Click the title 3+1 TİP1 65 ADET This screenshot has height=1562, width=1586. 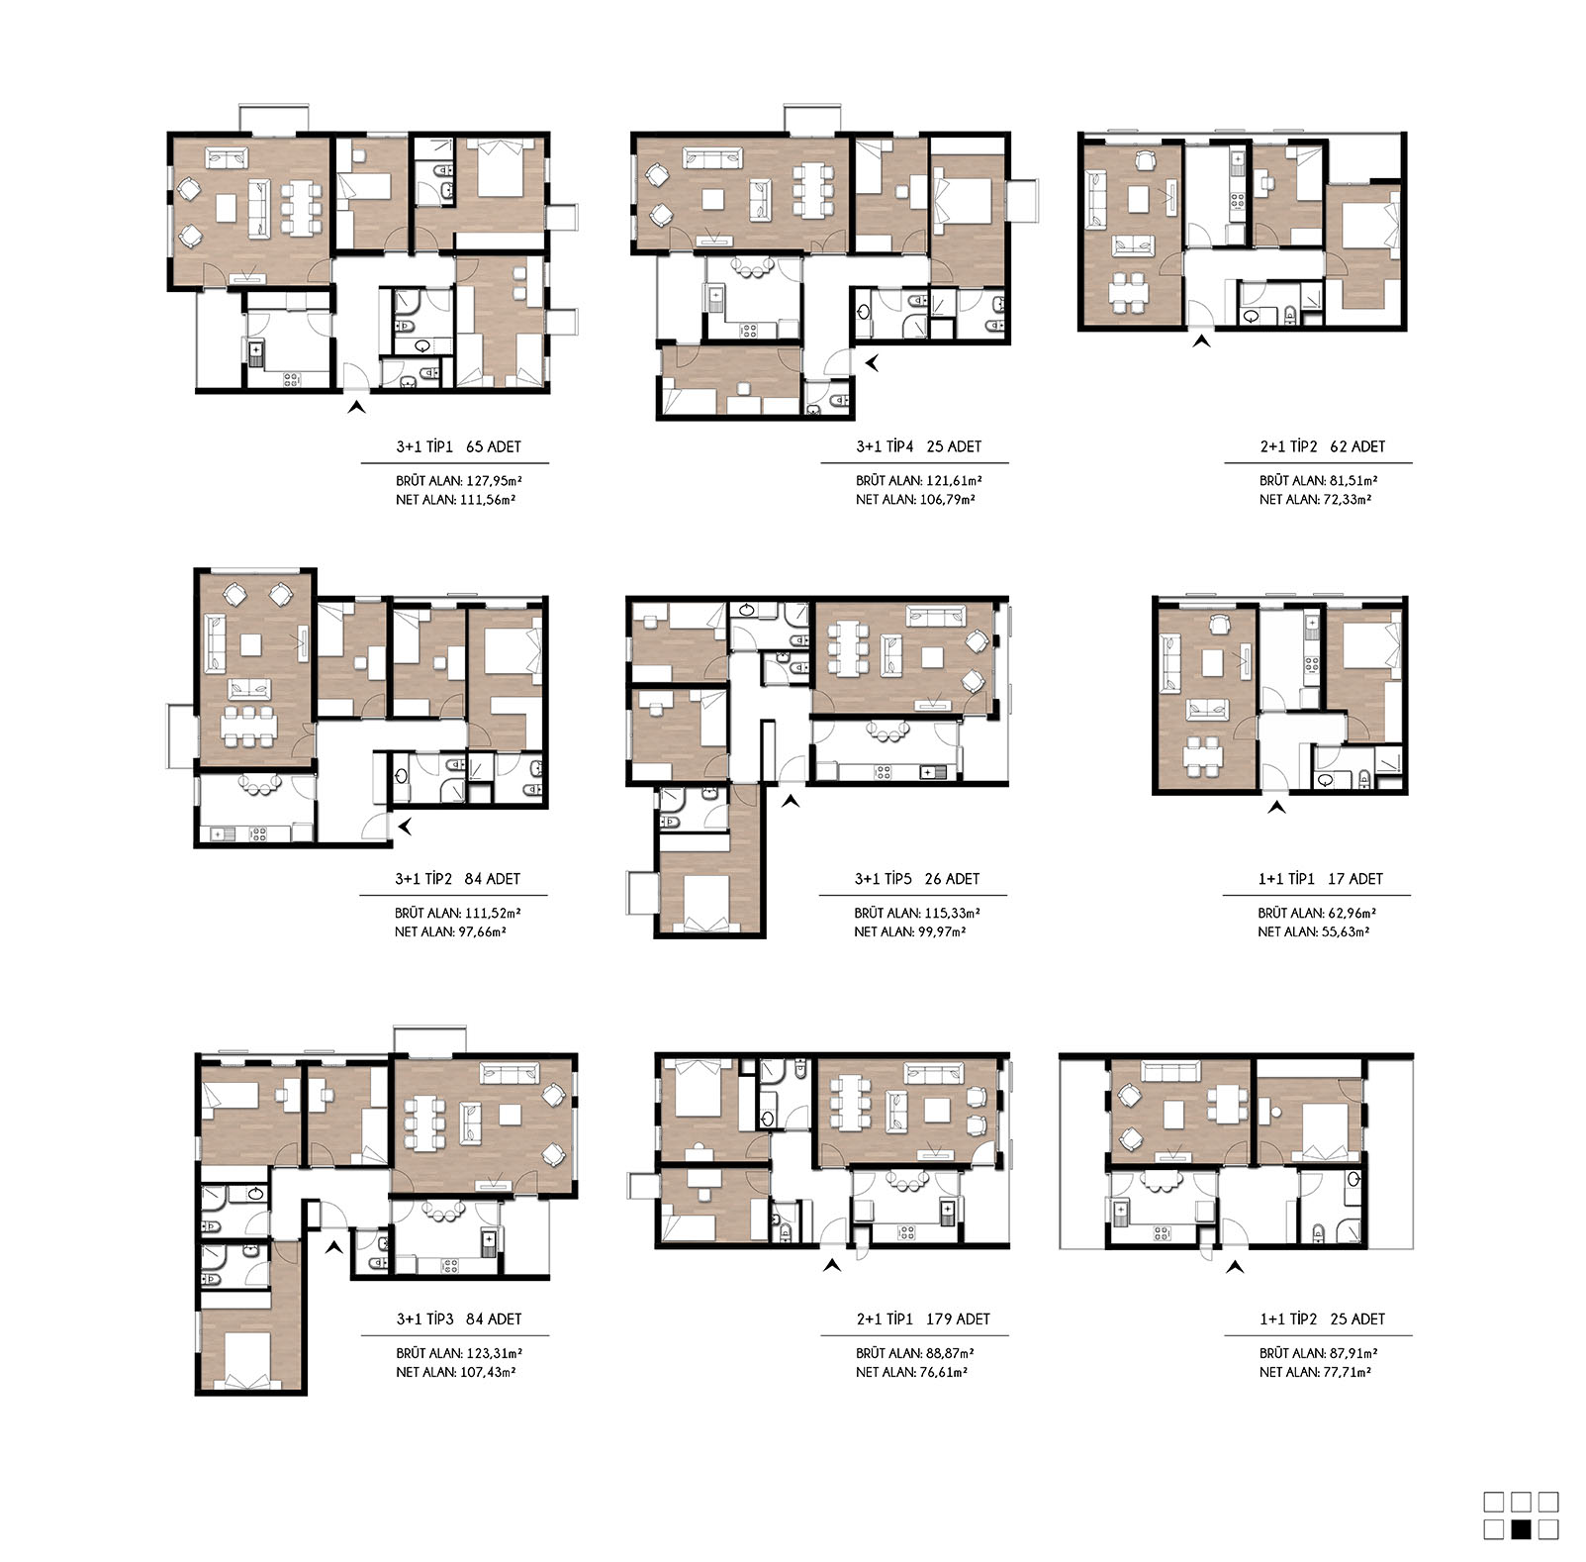click(458, 446)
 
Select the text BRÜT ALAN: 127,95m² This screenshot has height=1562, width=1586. click(459, 481)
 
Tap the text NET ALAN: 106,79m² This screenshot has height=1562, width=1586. click(915, 500)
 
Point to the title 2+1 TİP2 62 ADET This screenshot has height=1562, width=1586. click(1322, 446)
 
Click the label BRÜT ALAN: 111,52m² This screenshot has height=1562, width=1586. click(458, 914)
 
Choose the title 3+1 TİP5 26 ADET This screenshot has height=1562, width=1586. click(917, 879)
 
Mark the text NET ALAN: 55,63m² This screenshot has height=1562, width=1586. click(1314, 932)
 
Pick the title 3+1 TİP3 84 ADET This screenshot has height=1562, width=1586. click(459, 1319)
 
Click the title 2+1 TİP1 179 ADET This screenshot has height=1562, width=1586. click(923, 1319)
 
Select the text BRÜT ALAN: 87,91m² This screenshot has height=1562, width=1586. click(1319, 1353)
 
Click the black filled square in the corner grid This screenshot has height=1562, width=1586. click(1522, 1529)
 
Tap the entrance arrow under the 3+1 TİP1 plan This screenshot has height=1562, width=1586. click(356, 406)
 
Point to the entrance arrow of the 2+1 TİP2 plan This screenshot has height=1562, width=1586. click(1201, 342)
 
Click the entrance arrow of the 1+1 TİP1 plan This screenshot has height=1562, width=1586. click(1277, 808)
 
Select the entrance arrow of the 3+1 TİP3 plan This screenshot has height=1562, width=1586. click(334, 1247)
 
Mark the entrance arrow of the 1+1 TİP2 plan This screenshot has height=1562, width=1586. click(1235, 1266)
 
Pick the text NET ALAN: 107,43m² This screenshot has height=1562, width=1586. click(456, 1373)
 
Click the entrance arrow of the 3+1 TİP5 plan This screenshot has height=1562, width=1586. click(790, 801)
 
